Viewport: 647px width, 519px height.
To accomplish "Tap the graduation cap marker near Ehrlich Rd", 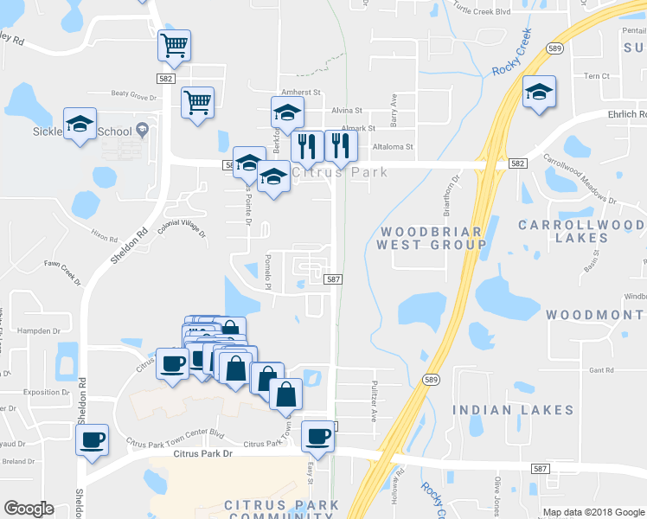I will [539, 93].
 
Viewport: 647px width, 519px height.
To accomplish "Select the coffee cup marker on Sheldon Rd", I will [92, 440].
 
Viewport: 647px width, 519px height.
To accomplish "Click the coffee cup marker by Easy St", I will [317, 437].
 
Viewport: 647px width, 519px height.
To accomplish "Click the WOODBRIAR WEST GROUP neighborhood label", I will [432, 238].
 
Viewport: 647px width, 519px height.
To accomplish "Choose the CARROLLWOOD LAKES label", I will [581, 230].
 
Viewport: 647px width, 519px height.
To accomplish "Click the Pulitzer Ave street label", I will [375, 401].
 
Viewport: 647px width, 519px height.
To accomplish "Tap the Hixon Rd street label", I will [103, 234].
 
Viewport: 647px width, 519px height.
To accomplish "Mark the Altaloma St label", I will [394, 147].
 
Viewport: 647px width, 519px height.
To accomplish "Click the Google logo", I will [28, 509].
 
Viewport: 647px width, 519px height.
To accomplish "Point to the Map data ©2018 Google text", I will [593, 512].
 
